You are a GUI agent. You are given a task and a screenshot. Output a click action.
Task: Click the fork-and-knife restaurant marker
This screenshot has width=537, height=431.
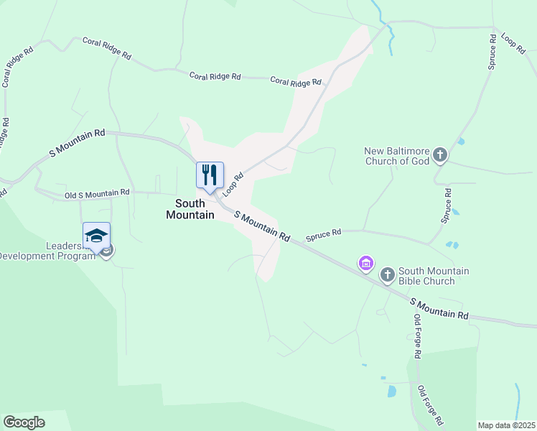tap(210, 175)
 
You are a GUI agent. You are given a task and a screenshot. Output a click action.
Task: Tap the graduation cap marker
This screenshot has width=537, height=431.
tap(96, 235)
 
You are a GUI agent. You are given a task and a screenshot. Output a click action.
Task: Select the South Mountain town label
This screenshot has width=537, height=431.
tap(190, 209)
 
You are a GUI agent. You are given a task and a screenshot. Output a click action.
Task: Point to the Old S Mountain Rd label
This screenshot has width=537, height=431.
tap(97, 193)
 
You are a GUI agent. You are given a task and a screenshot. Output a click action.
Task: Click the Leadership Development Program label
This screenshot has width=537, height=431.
tap(47, 251)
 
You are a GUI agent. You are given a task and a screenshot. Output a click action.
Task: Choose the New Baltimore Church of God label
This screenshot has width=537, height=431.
tap(397, 156)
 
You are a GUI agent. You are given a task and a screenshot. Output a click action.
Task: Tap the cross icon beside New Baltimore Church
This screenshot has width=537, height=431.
tap(439, 154)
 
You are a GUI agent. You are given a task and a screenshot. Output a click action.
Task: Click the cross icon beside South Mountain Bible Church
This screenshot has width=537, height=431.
tap(387, 274)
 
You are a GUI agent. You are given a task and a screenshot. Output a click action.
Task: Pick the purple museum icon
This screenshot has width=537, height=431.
tap(366, 264)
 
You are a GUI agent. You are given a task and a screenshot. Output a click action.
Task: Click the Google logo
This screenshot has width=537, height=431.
tap(24, 422)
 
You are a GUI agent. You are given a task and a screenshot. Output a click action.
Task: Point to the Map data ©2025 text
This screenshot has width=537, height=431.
tap(506, 425)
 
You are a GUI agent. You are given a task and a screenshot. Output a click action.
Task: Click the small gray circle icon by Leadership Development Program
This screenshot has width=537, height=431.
tap(107, 251)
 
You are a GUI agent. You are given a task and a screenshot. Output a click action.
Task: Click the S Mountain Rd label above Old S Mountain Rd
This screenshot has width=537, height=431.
tap(78, 143)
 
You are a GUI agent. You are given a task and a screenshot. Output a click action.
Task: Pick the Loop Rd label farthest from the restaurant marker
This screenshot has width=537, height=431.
tap(514, 46)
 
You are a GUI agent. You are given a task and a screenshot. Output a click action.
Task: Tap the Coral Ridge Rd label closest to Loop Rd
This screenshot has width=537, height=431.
tap(296, 82)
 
